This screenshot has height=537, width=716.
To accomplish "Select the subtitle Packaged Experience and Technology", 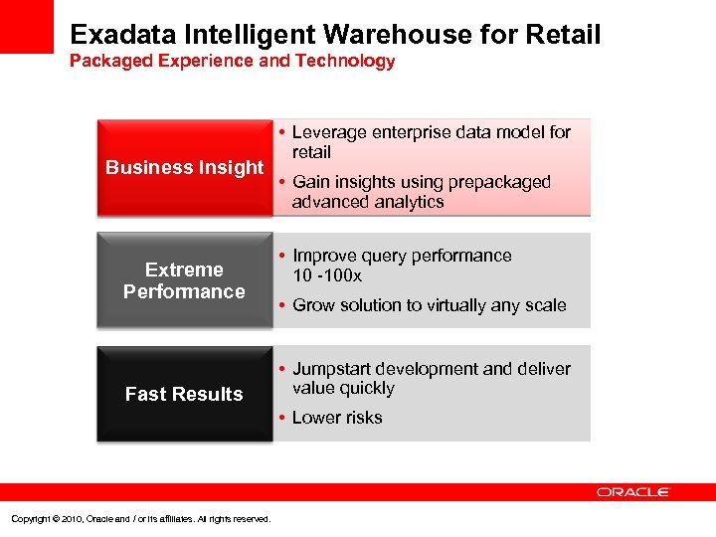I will [232, 62].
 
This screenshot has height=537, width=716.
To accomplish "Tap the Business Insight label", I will [184, 167].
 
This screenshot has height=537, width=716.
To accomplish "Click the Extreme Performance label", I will [184, 280].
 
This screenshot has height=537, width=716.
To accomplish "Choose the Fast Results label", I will [184, 394].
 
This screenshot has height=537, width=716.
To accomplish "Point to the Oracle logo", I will [633, 492].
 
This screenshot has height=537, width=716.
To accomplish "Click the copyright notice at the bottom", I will [139, 518].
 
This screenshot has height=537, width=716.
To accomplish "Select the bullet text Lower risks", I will [337, 418].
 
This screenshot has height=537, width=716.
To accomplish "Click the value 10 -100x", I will [327, 275].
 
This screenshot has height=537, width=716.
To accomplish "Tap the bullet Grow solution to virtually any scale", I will [429, 305].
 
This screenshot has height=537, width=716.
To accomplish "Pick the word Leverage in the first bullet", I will [329, 132].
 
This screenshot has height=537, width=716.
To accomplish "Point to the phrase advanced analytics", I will [368, 202].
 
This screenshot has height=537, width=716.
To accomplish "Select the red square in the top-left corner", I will [26, 26].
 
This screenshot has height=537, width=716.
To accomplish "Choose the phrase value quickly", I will [343, 389].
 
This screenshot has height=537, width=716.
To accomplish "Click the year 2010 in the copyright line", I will [69, 518].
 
